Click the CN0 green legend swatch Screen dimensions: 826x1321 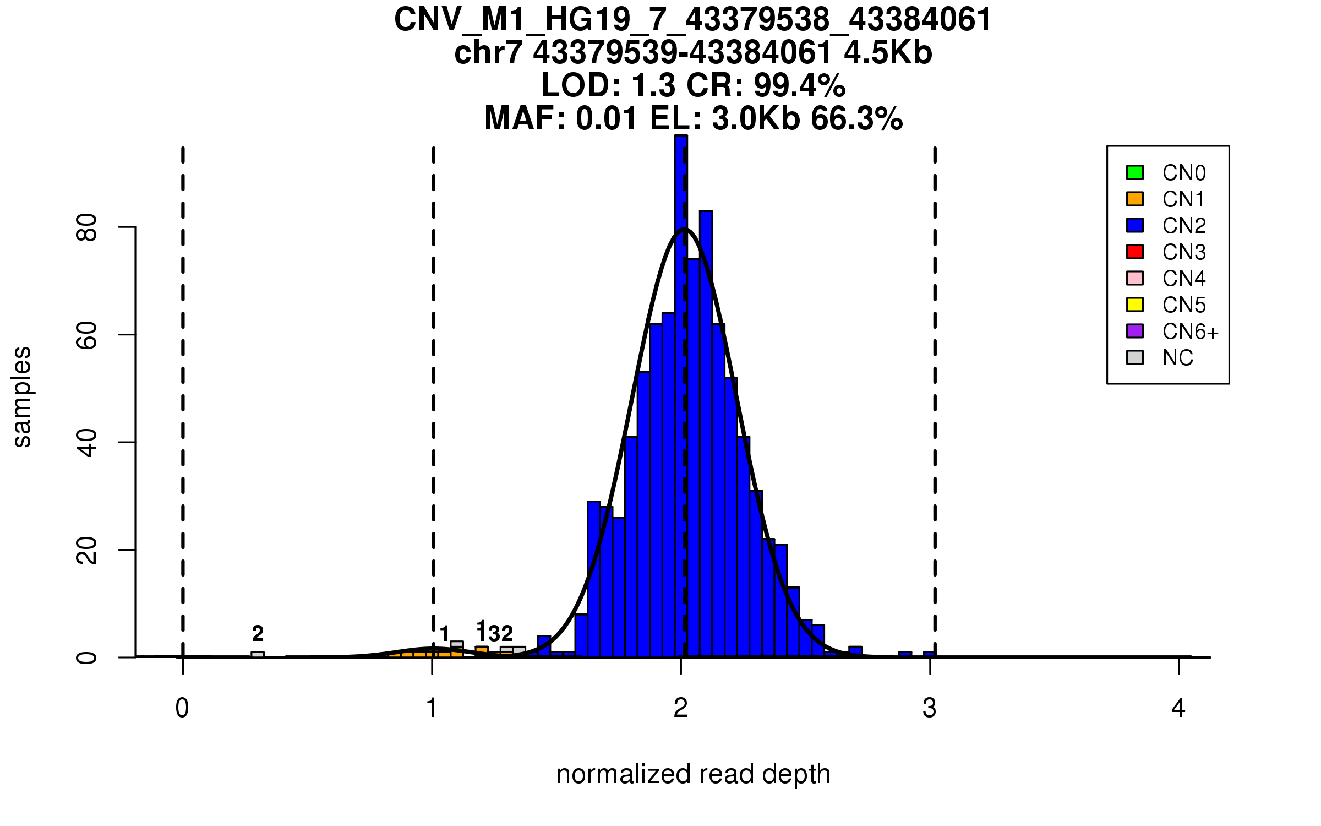pos(1135,172)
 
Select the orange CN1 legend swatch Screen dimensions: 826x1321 pos(1135,199)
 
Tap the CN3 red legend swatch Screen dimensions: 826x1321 pos(1135,252)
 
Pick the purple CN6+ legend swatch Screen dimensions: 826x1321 pos(1135,331)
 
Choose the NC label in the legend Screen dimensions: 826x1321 pos(1178,358)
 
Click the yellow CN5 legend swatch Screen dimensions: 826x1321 pos(1135,305)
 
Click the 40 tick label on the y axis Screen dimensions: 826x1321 pos(86,442)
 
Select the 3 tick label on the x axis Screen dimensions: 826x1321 pos(930,708)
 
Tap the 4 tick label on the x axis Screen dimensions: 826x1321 pos(1178,708)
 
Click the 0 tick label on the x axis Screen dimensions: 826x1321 pos(182,708)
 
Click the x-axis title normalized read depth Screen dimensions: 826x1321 pos(693,774)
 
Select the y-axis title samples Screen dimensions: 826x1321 pos(22,396)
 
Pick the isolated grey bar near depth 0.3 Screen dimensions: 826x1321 pos(258,654)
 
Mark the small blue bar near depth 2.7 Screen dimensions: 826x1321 pos(855,651)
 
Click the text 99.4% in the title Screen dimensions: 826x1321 pos(799,85)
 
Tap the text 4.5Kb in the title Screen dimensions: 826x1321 pos(888,53)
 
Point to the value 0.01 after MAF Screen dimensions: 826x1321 pos(607,118)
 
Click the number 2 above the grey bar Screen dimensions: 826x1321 pos(258,634)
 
